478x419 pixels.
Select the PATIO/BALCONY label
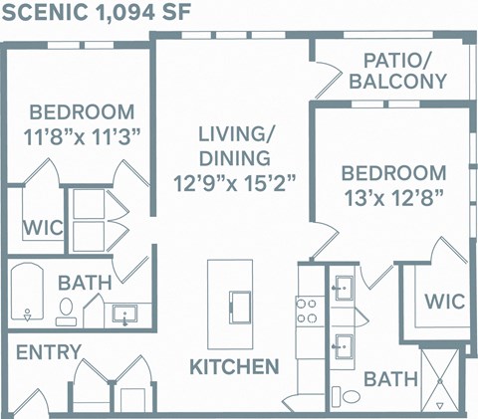coord(397,71)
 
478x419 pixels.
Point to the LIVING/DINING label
coord(234,145)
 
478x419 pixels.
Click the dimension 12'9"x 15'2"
coord(235,182)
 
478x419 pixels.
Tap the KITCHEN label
coord(234,367)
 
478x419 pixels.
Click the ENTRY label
coord(49,352)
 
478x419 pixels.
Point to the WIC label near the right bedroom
coord(444,301)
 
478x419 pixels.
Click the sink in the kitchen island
coord(240,303)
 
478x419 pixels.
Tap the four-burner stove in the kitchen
coord(307,310)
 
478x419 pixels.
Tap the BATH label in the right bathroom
coord(383,378)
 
